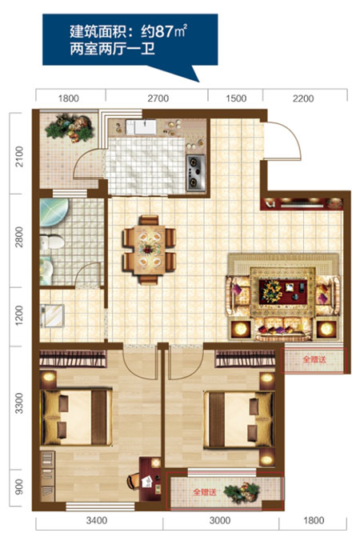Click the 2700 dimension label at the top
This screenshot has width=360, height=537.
(x=158, y=98)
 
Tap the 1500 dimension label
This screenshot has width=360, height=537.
(x=236, y=98)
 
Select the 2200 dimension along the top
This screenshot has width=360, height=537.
(x=303, y=98)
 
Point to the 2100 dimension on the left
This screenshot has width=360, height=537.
(x=20, y=157)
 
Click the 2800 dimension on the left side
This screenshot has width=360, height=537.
(x=20, y=237)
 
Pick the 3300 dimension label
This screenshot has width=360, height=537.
(x=20, y=403)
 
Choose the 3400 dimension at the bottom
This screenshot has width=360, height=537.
(x=97, y=521)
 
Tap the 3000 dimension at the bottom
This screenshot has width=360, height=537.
(x=220, y=521)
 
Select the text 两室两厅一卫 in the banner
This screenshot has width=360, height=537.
(x=112, y=49)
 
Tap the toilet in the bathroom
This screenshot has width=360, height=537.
(x=52, y=242)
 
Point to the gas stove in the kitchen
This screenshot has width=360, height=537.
(x=196, y=173)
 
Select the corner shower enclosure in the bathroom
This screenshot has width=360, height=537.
(x=54, y=213)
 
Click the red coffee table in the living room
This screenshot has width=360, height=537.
(x=283, y=292)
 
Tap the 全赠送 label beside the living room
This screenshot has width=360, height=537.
(x=314, y=359)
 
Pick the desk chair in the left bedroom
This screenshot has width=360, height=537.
(x=134, y=481)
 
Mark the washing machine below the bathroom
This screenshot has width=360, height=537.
(x=53, y=315)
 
